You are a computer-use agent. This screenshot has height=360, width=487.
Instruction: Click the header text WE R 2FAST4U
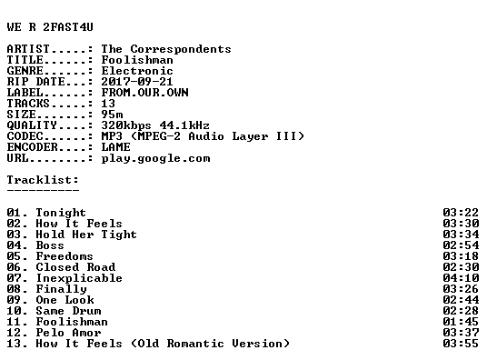50,27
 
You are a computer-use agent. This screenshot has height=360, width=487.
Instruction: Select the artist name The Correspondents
166,49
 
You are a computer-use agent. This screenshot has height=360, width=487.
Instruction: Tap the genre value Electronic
137,71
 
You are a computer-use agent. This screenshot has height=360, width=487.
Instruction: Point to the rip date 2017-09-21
137,82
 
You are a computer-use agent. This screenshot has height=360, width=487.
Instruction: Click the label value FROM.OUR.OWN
144,93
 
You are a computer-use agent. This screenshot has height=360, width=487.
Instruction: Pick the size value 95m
112,115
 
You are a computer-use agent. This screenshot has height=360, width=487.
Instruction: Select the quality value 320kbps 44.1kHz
155,125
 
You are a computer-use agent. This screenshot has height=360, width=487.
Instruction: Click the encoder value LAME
115,147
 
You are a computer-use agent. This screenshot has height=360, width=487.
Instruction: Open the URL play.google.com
155,158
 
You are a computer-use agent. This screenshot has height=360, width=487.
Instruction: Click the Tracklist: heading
43,180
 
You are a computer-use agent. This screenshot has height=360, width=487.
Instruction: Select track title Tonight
61,213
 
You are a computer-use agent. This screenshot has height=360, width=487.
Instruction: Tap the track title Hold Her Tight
86,235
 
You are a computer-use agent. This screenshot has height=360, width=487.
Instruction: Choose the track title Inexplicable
79,278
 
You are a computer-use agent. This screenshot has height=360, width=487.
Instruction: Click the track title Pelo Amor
68,333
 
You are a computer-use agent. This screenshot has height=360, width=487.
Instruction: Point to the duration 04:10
461,278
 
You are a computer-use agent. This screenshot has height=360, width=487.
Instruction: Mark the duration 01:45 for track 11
461,322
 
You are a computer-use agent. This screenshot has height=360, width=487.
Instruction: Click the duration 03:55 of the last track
461,344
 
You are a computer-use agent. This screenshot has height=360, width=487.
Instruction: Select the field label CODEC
25,136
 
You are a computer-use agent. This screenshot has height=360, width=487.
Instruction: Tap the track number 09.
14,300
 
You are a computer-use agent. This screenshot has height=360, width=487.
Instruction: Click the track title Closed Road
75,267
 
